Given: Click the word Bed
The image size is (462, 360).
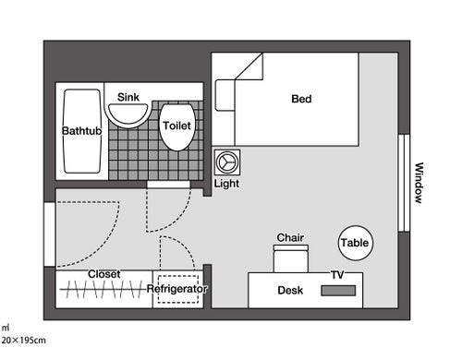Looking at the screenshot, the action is [x=301, y=99].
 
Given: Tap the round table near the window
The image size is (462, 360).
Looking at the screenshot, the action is [x=356, y=243].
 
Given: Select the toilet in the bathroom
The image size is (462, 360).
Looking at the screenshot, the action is [x=177, y=127].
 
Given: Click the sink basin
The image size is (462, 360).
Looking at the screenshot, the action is [x=128, y=114].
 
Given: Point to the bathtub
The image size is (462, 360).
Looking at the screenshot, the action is [x=82, y=131].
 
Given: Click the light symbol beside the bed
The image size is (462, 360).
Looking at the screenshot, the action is [x=227, y=162].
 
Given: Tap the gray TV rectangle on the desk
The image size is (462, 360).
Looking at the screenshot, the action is [x=338, y=291].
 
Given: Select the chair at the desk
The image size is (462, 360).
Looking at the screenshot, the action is [x=291, y=258].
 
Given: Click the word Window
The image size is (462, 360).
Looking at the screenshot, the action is [x=419, y=183].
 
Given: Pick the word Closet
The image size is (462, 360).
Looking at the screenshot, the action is [x=104, y=274].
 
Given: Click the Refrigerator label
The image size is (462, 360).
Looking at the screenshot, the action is [x=176, y=289].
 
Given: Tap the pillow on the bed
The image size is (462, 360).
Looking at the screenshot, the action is [x=225, y=95].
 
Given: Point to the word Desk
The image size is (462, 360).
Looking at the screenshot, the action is [x=290, y=290].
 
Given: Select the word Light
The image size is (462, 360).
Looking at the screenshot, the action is [x=226, y=184].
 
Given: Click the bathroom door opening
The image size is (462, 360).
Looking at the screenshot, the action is [x=168, y=185].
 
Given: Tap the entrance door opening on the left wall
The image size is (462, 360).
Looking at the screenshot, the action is [x=50, y=234].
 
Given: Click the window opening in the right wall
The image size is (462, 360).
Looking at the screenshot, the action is [x=404, y=183].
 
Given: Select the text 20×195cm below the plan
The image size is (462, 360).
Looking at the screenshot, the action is [x=24, y=341].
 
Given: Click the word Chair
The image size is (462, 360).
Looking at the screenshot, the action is [x=290, y=237].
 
